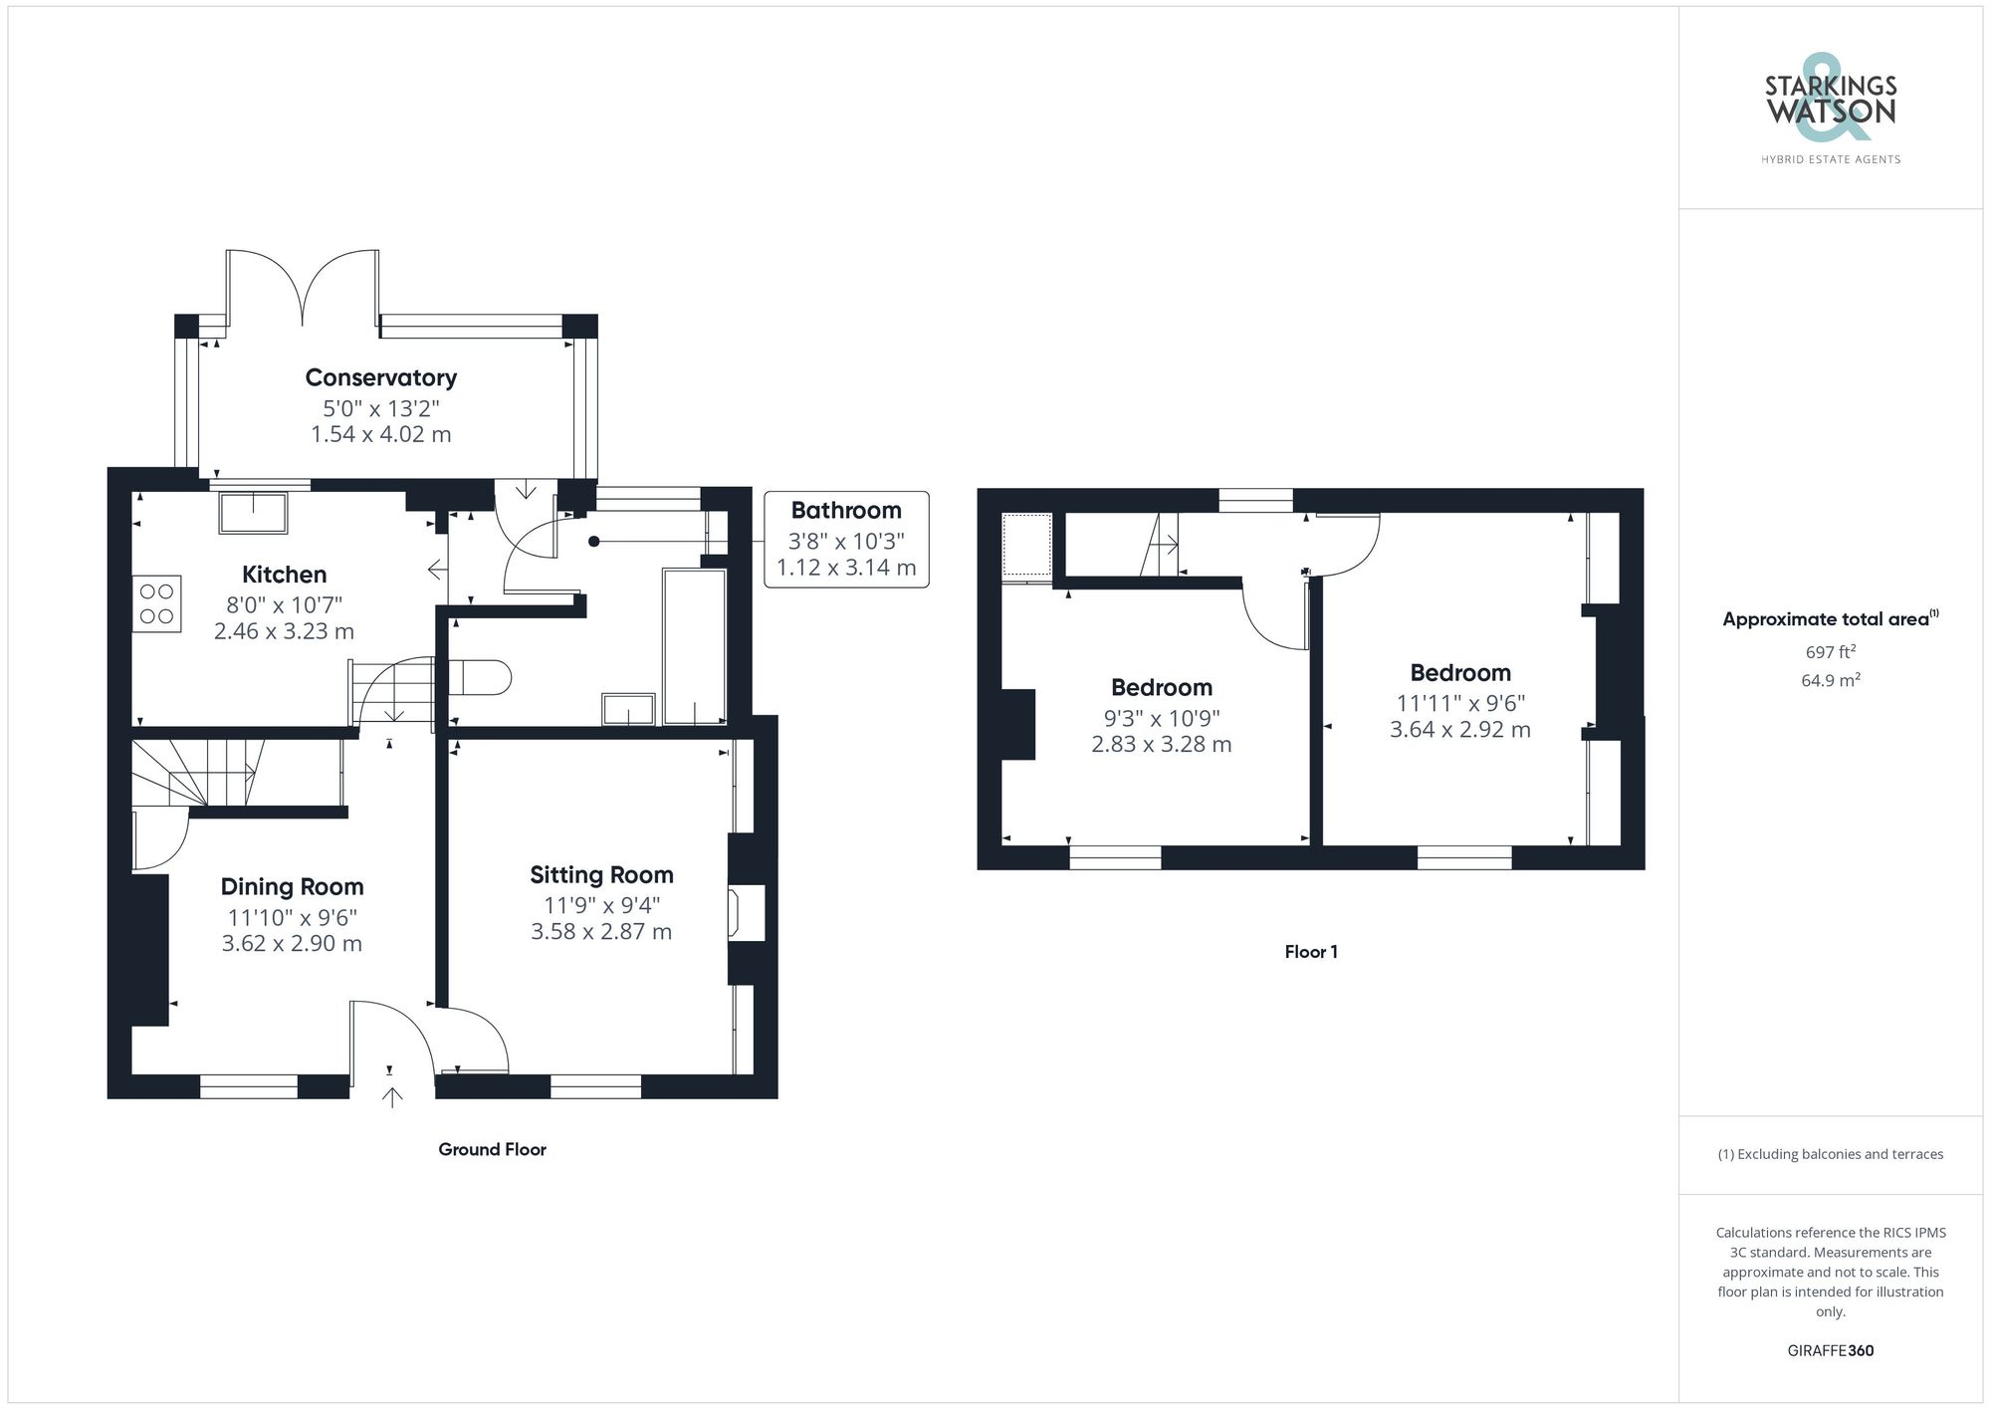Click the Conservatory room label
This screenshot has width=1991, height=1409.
(380, 377)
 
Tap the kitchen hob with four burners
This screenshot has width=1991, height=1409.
(156, 603)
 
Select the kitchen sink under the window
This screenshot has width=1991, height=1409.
(255, 511)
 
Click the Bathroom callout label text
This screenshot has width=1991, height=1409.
(845, 511)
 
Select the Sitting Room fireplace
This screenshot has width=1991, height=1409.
(747, 912)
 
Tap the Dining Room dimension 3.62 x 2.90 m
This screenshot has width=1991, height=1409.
(292, 944)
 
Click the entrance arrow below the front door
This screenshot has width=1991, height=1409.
(392, 1096)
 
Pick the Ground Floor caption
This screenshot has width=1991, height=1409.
(492, 1149)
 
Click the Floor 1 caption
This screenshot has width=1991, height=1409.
(1310, 952)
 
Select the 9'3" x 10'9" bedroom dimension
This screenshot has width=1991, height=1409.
(1161, 718)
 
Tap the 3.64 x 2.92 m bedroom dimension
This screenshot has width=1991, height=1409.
(1459, 730)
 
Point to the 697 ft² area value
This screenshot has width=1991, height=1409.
(1830, 652)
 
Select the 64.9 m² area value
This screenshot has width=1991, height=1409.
(1830, 681)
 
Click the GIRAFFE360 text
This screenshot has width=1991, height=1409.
(1830, 1350)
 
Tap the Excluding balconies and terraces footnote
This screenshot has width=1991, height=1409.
(1830, 1154)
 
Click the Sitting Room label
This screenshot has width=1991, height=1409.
(601, 874)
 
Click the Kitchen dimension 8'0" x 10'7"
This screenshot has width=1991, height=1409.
(284, 604)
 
